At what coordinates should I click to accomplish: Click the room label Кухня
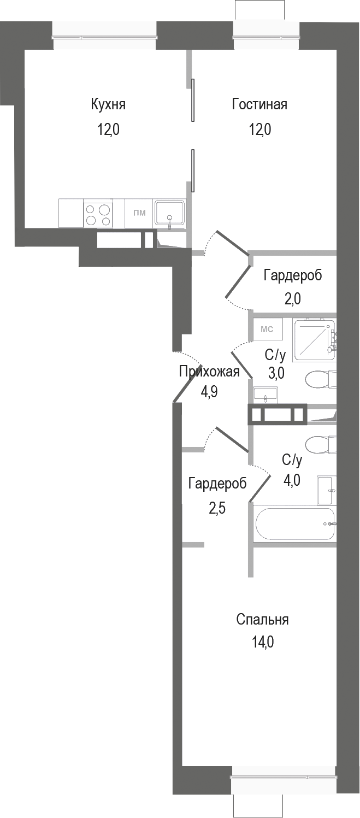pos(108,104)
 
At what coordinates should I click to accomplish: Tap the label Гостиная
pos(259,104)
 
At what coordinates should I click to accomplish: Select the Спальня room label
pos(262,620)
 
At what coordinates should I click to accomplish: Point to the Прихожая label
pos(209,372)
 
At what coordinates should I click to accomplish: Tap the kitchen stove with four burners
pos(98,214)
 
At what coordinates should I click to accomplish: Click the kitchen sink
pos(170,213)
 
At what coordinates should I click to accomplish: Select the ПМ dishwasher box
pos(139,213)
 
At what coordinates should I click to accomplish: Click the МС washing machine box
pos(267,329)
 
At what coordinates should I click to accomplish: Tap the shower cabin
pos(314,340)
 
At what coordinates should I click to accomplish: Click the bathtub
pos(294,524)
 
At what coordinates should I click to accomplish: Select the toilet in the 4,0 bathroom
pos(320,444)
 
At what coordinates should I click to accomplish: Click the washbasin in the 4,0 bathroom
pos(327,490)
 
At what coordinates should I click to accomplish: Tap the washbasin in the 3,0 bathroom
pos(266,394)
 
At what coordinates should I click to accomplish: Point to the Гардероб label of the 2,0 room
pos(292,275)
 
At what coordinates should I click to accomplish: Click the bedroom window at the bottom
pos(283,774)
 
